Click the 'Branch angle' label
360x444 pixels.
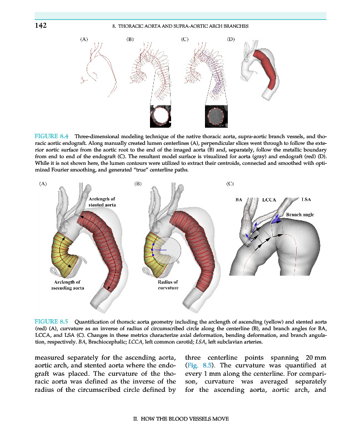coord(300,214)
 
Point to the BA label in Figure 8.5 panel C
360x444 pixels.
coord(239,199)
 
